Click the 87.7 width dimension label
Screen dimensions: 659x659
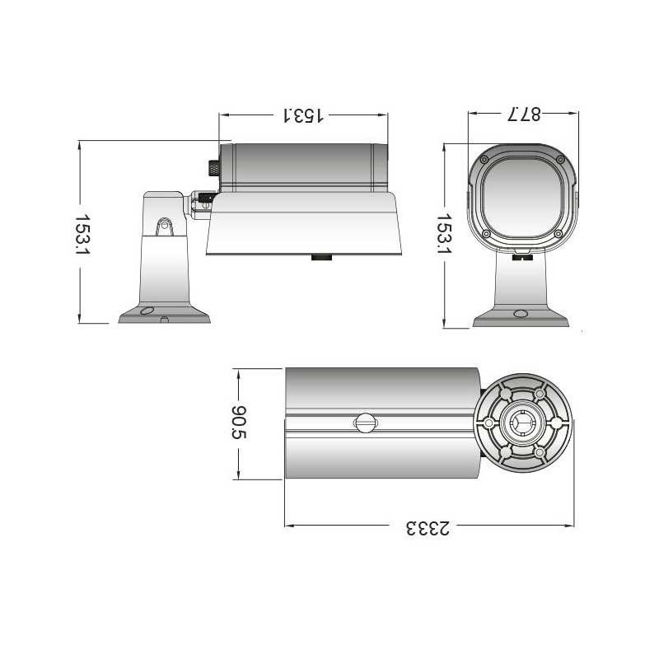pyautogui.click(x=524, y=115)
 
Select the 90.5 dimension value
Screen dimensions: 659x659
pyautogui.click(x=240, y=423)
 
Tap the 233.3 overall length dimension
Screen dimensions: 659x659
pyautogui.click(x=428, y=529)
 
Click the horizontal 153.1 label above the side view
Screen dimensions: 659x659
pyautogui.click(x=302, y=115)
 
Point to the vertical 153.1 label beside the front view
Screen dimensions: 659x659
pyautogui.click(x=444, y=234)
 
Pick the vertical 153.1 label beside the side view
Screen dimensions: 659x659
pyautogui.click(x=82, y=236)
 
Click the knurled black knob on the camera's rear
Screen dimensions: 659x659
pyautogui.click(x=214, y=168)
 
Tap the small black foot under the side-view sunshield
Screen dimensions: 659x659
pyautogui.click(x=321, y=257)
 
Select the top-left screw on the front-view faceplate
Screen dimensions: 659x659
pyautogui.click(x=484, y=160)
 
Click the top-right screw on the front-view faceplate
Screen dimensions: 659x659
pyautogui.click(x=560, y=160)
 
